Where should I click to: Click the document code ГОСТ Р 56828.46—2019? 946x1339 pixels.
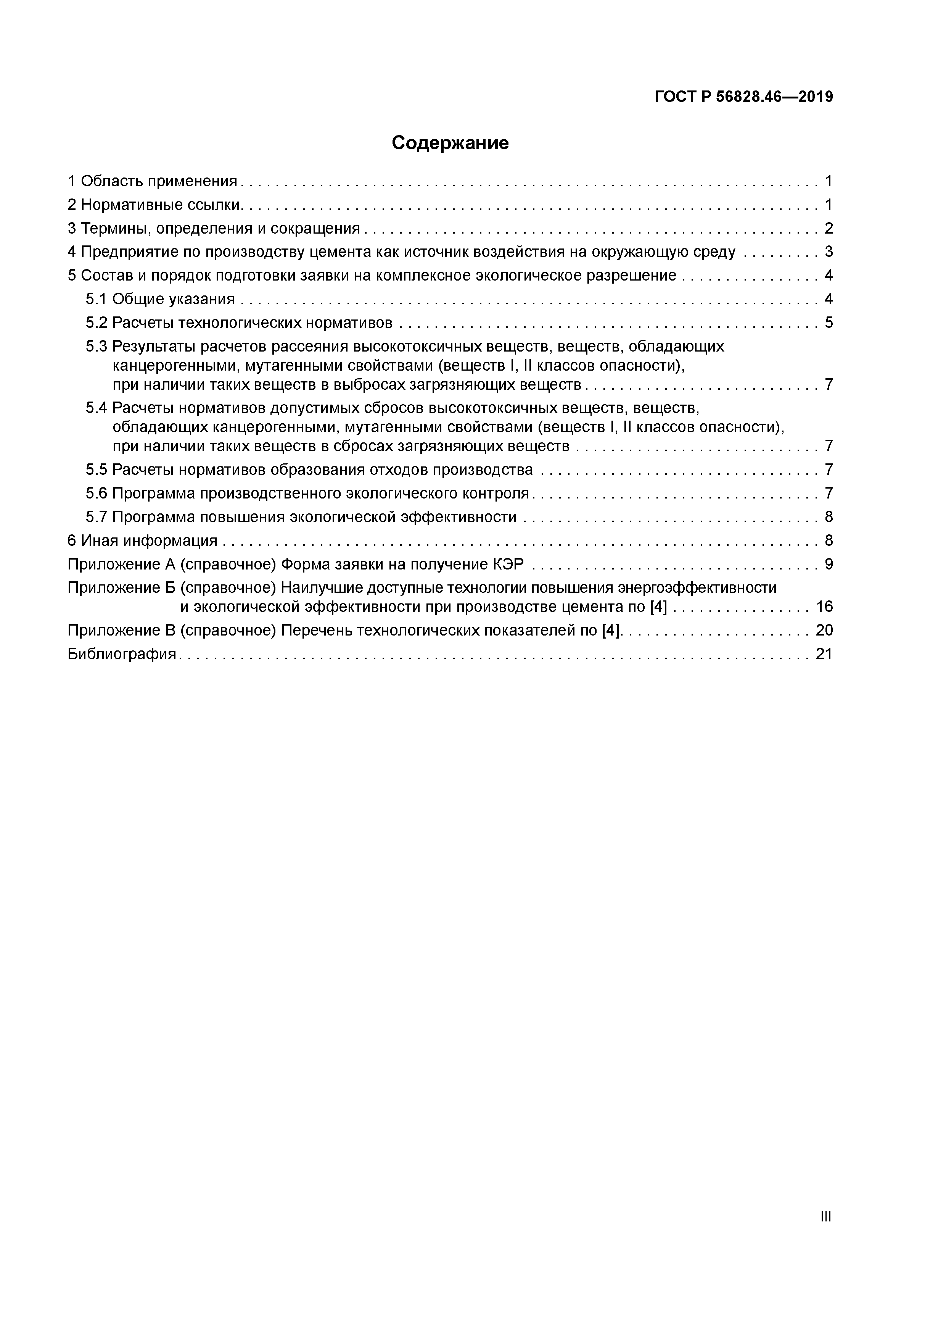coord(743,97)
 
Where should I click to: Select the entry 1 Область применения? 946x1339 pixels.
coord(153,181)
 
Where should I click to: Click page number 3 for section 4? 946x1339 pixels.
coord(828,252)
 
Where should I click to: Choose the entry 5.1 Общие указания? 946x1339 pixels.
coord(160,299)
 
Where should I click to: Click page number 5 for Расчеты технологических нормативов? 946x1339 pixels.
coord(828,323)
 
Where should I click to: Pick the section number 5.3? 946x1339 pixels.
coord(97,347)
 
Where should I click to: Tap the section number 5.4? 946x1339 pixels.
coord(97,408)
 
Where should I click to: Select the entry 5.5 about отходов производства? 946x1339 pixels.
coord(309,469)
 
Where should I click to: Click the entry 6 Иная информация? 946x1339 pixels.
coord(142,540)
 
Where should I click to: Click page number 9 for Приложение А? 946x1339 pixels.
coord(828,565)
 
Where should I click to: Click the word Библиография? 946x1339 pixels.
coord(122,654)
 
